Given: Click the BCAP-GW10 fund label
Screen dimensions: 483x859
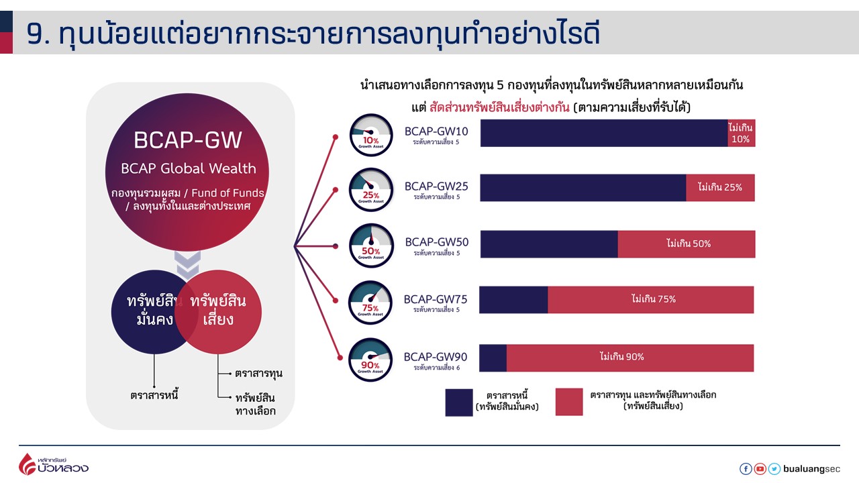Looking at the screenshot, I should (x=436, y=131).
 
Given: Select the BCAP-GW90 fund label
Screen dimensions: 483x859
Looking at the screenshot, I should (x=436, y=357).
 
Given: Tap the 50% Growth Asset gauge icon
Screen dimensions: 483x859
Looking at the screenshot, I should (x=371, y=246).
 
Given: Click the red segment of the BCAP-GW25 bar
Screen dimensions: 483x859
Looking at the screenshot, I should (x=720, y=188).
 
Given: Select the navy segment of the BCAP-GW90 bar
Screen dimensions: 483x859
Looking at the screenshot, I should (x=493, y=358).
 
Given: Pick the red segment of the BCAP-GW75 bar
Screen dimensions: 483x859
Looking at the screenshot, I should (x=651, y=300).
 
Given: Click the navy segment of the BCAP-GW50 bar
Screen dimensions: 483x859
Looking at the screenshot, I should (x=549, y=244).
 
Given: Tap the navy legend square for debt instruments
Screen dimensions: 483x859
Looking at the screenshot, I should (x=459, y=402).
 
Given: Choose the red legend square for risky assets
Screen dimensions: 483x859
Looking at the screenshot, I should (x=569, y=402).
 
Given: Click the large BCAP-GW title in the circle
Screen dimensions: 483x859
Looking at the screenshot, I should (x=188, y=140).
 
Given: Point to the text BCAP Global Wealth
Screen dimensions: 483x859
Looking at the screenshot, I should (x=188, y=168).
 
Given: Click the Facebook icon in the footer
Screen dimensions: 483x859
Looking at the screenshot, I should (x=746, y=470).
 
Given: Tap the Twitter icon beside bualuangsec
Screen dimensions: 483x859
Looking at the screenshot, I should (x=774, y=470).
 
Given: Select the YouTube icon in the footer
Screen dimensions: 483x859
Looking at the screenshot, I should (x=760, y=470).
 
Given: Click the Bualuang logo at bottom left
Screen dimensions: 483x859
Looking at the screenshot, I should (x=54, y=464).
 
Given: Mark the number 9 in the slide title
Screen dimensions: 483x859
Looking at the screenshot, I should (x=35, y=34).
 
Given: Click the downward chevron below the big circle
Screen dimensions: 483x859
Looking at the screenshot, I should (x=188, y=264).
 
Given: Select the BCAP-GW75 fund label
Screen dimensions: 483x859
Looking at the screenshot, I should (x=436, y=300).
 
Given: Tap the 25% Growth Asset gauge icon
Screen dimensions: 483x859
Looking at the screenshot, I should (x=371, y=189).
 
